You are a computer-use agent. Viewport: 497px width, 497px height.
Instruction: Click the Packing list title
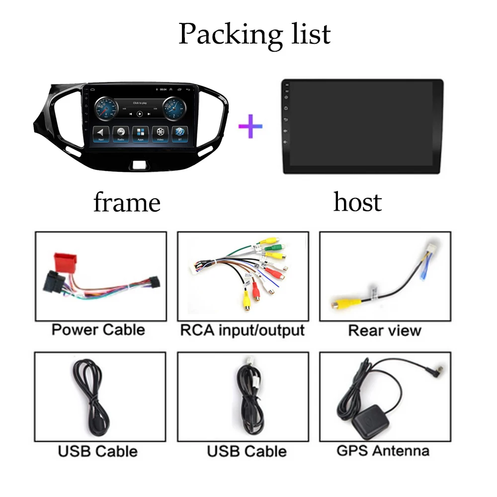tap(254, 34)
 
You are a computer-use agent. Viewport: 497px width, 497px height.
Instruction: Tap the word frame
tap(127, 202)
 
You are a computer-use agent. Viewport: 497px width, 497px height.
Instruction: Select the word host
tap(357, 202)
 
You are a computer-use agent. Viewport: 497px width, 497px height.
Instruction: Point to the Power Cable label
tap(98, 330)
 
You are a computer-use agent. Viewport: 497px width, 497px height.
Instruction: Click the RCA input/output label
tap(243, 330)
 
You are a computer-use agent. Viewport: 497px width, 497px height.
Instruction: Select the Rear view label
tap(385, 331)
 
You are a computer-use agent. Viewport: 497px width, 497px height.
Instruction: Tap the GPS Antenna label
tap(383, 451)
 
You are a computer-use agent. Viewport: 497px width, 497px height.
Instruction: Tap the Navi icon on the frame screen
tap(101, 133)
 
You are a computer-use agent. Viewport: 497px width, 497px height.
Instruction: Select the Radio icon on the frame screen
tap(121, 133)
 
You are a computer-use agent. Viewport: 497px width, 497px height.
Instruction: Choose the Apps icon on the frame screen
tap(140, 133)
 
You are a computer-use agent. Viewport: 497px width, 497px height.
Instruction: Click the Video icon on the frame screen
tap(160, 133)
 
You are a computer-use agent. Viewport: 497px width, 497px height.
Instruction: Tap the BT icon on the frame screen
tap(179, 133)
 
